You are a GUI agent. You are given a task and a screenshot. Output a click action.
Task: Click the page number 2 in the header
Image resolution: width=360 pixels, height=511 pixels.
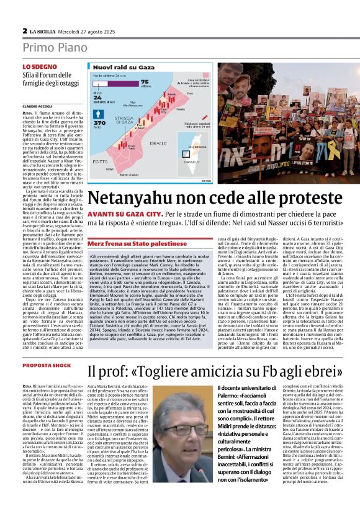pos(24,30)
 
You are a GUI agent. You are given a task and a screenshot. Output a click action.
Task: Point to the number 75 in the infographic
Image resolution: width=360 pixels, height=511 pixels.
pos(146,81)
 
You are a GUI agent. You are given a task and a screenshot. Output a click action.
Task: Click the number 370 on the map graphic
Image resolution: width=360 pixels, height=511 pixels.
pos(98,123)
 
